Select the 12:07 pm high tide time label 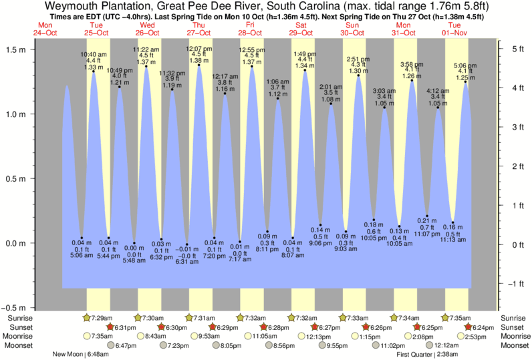(x=198, y=49)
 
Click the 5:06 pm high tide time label (x=465, y=65)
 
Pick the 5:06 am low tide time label (x=82, y=254)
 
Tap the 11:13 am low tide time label (x=453, y=239)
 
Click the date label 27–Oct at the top (x=198, y=32)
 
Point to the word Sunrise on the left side (x=18, y=318)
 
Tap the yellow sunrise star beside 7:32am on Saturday (x=291, y=318)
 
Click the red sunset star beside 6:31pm (x=111, y=327)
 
